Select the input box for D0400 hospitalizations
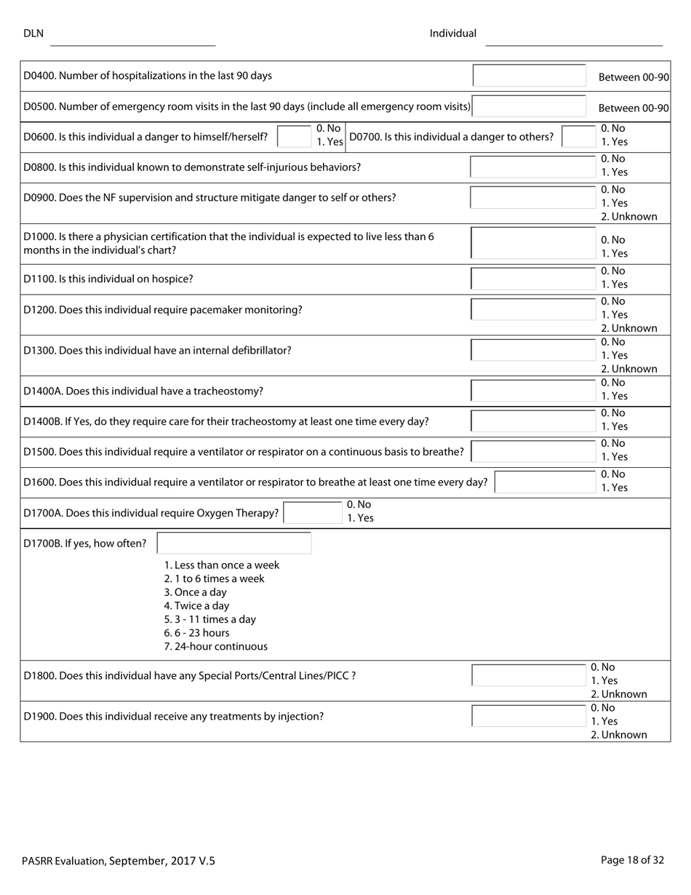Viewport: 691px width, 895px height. (x=529, y=76)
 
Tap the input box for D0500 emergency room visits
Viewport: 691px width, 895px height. (x=529, y=106)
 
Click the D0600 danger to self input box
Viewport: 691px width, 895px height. (x=295, y=136)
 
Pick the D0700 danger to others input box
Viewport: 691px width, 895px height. (x=579, y=136)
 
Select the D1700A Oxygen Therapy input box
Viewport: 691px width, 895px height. (x=312, y=512)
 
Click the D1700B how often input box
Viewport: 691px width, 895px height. (x=233, y=543)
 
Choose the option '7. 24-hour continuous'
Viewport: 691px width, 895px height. (x=215, y=646)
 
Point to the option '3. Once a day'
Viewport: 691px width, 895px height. (x=195, y=592)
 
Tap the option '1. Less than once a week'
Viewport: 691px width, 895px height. (x=221, y=565)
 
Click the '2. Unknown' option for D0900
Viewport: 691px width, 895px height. (x=628, y=217)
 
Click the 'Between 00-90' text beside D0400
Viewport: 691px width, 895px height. (x=633, y=77)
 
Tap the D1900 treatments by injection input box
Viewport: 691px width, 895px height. (x=529, y=716)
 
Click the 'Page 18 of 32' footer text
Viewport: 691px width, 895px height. (x=632, y=860)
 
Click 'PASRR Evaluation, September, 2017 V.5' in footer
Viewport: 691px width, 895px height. (x=119, y=861)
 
